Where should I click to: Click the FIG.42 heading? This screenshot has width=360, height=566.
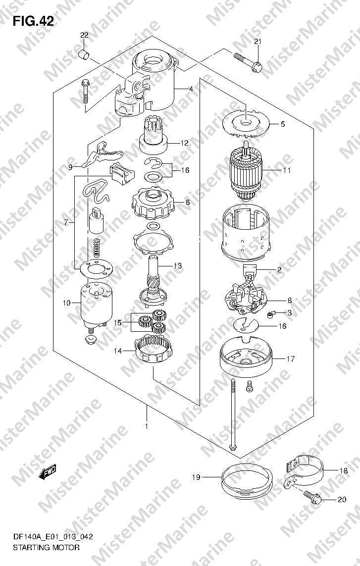(33, 21)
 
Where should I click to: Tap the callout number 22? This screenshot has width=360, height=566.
(84, 35)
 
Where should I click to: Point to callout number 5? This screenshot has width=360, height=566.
(283, 124)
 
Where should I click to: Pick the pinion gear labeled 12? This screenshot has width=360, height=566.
(154, 135)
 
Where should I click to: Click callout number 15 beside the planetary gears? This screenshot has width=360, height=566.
(118, 322)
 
